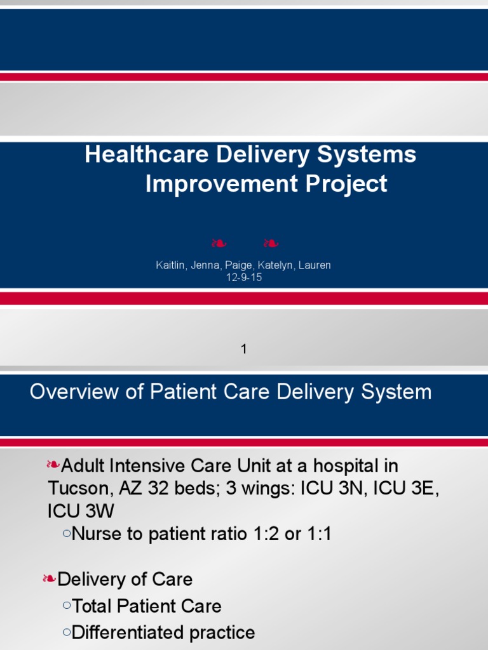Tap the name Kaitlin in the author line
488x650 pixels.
(170, 265)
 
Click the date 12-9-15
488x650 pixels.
(244, 277)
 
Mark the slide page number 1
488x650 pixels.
(244, 348)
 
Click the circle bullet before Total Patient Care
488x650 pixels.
(67, 606)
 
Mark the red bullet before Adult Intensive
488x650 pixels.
(53, 466)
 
